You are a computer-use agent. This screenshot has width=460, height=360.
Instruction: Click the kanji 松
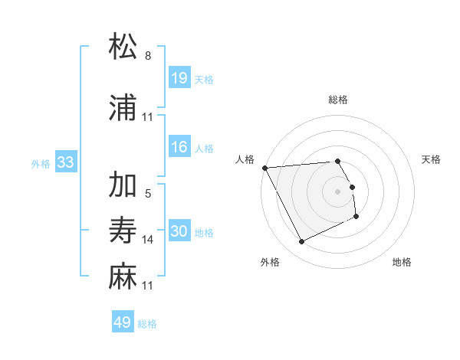click(123, 47)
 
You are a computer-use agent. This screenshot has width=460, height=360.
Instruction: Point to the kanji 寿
click(123, 231)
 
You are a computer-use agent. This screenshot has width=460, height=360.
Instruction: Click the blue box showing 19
click(179, 78)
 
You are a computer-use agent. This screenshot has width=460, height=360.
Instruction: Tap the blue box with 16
click(179, 147)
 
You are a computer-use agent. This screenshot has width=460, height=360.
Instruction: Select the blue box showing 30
click(179, 231)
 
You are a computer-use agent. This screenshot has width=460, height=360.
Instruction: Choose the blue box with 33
click(66, 162)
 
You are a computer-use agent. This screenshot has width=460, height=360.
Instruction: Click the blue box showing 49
click(123, 322)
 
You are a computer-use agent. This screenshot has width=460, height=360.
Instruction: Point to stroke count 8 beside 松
click(147, 56)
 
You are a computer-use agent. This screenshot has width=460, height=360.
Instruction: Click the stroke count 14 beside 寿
click(148, 240)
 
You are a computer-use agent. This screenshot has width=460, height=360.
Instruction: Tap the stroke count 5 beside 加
click(147, 194)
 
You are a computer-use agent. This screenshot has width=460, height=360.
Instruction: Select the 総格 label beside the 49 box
click(147, 324)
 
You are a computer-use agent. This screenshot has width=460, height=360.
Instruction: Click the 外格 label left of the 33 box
click(41, 163)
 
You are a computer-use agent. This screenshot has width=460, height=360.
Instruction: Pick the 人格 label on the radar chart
click(245, 159)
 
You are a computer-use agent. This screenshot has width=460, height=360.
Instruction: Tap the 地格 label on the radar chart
click(402, 262)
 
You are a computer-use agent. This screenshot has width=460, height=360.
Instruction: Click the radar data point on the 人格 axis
click(264, 167)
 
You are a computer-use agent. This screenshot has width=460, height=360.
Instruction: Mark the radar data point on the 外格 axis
click(301, 242)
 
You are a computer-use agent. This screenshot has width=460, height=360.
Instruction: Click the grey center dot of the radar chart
click(337, 191)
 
